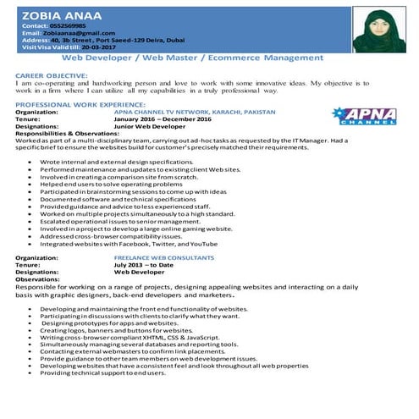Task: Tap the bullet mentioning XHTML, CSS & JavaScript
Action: [x=131, y=338]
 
